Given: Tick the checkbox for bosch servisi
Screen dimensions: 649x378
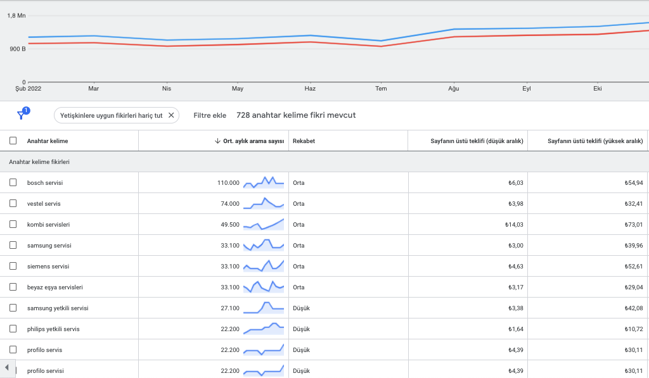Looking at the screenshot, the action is pyautogui.click(x=13, y=182).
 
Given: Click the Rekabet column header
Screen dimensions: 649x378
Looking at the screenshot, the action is pyautogui.click(x=304, y=141).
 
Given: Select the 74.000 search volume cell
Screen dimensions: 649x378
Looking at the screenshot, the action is pyautogui.click(x=230, y=203).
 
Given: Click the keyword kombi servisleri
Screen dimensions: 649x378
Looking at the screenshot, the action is pyautogui.click(x=48, y=225).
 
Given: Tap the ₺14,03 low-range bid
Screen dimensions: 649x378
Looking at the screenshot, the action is pyautogui.click(x=514, y=225).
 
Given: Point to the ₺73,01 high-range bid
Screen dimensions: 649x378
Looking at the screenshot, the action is pyautogui.click(x=634, y=225).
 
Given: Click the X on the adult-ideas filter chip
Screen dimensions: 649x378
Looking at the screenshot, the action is pyautogui.click(x=171, y=115).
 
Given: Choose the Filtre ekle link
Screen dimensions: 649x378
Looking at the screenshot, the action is pyautogui.click(x=210, y=115).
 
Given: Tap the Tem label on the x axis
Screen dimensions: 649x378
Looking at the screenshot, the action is pyautogui.click(x=381, y=89).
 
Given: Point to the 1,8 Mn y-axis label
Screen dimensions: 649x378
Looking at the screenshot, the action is pyautogui.click(x=16, y=16).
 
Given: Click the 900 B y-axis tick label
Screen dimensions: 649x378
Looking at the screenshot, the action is pyautogui.click(x=18, y=49).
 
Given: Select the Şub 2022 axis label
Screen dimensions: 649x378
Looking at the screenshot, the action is pyautogui.click(x=28, y=89).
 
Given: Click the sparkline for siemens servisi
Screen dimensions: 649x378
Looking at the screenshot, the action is pyautogui.click(x=264, y=266).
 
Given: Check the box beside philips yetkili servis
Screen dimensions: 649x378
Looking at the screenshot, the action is pyautogui.click(x=13, y=329).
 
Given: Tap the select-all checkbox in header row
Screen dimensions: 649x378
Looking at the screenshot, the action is pyautogui.click(x=13, y=141).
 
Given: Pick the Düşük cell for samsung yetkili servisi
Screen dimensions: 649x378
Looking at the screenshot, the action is pyautogui.click(x=301, y=308).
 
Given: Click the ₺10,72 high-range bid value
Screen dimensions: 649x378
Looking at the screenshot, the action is pyautogui.click(x=634, y=329).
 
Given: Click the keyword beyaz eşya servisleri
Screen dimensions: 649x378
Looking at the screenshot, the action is pyautogui.click(x=55, y=287).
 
